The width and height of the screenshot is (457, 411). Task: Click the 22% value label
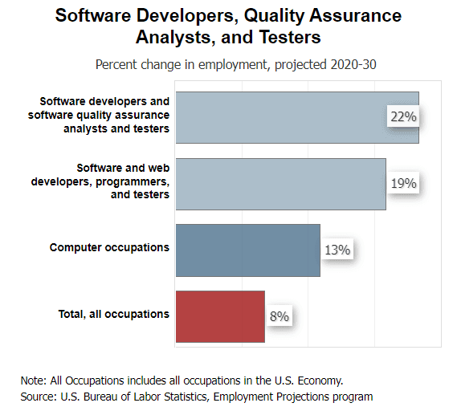point(403,117)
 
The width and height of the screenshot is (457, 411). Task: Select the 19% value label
point(403,184)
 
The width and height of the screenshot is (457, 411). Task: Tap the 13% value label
point(337,250)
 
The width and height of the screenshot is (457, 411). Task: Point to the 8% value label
point(280,316)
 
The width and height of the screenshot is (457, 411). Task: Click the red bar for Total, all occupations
point(220,316)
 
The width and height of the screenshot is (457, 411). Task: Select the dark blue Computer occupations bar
point(247,250)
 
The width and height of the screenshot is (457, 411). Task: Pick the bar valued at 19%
point(280,184)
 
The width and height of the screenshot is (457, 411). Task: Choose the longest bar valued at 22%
point(296,117)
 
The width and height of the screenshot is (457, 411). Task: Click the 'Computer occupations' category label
point(109,247)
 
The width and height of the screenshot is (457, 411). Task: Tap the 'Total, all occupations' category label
point(113,314)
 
